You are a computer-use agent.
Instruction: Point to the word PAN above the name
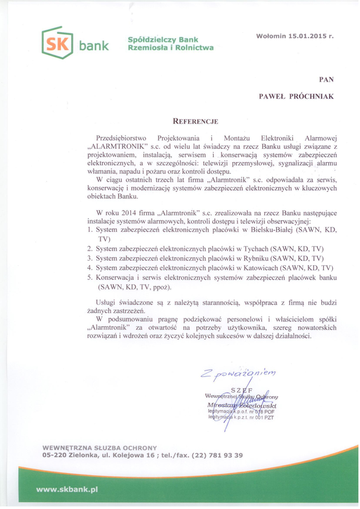coord(326,79)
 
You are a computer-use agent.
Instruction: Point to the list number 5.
coord(90,277)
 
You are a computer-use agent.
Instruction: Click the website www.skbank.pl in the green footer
coord(67,488)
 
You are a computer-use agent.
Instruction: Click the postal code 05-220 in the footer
coord(56,455)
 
